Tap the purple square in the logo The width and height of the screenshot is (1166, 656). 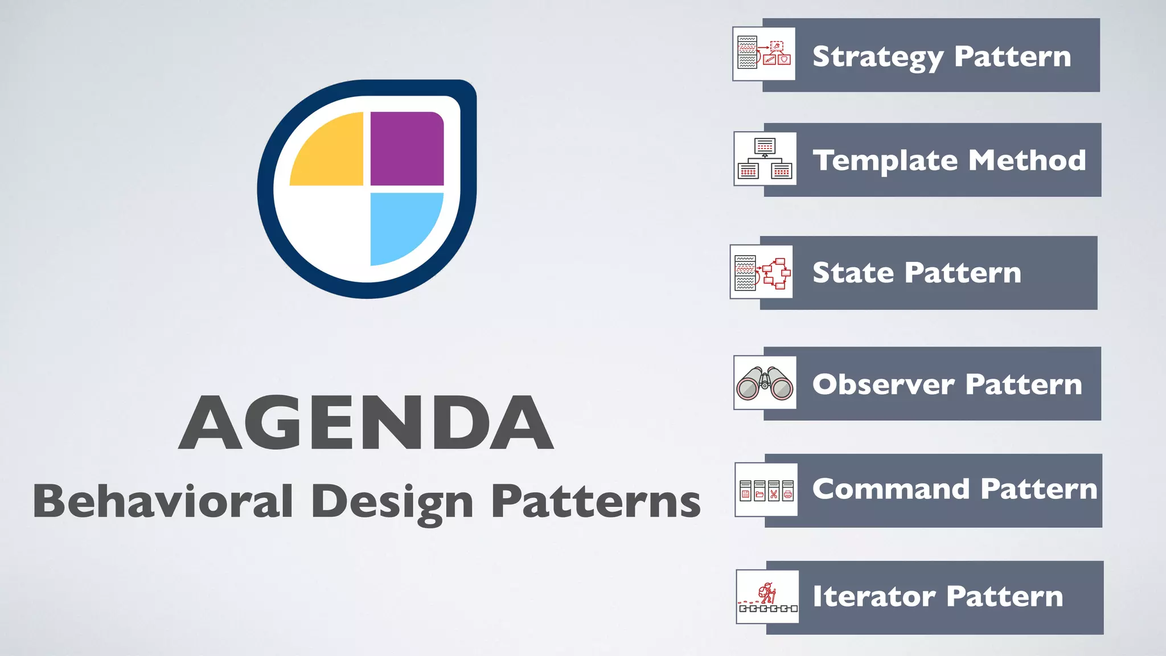407,149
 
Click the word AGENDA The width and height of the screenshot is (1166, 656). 366,423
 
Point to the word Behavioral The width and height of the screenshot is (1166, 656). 163,501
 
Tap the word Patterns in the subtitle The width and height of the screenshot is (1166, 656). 596,501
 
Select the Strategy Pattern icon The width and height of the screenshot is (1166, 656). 764,54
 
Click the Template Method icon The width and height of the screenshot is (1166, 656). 765,159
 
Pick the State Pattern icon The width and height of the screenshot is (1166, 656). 762,272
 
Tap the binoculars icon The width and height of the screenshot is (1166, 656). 765,383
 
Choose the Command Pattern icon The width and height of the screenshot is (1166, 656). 766,490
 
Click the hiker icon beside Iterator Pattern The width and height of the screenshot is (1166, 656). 767,597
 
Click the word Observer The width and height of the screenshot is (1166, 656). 883,384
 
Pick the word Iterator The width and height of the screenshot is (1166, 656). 874,596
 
